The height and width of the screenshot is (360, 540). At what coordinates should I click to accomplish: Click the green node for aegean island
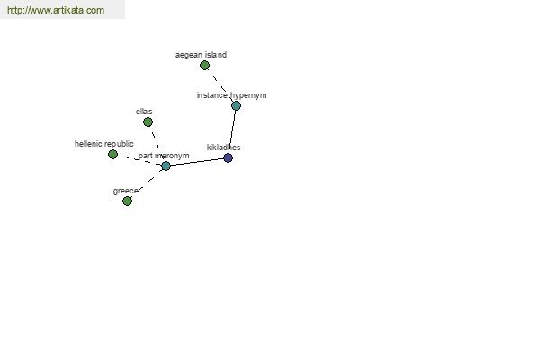(x=204, y=65)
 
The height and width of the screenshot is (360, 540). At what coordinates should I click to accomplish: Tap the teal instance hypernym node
(x=236, y=106)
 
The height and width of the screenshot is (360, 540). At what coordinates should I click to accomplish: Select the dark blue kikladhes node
(x=228, y=158)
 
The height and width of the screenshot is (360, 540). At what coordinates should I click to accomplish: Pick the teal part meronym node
(x=166, y=166)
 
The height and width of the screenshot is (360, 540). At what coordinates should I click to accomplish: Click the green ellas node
(x=148, y=122)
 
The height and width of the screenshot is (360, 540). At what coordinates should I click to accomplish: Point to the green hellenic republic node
(x=112, y=154)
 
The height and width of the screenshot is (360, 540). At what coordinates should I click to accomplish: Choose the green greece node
(x=127, y=201)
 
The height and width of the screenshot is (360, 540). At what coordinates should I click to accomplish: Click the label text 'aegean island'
(x=201, y=55)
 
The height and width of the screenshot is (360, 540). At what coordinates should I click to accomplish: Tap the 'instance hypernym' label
(x=232, y=95)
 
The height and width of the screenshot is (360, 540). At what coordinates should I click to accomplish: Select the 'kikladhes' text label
(x=223, y=148)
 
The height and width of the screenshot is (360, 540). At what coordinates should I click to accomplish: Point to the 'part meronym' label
(x=164, y=156)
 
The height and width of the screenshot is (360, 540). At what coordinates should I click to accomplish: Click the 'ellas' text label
(x=144, y=112)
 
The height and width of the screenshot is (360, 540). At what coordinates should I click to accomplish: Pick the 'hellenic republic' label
(x=104, y=144)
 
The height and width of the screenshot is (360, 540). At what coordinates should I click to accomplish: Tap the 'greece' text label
(x=126, y=191)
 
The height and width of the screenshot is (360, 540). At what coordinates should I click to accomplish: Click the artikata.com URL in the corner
(x=56, y=10)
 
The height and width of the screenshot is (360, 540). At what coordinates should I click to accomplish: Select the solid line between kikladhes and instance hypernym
(x=232, y=132)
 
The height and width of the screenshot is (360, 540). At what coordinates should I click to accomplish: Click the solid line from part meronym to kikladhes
(x=197, y=162)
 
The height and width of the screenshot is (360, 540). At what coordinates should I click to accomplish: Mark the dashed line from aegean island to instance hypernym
(x=220, y=85)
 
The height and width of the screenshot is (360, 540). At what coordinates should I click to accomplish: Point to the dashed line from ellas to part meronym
(x=157, y=144)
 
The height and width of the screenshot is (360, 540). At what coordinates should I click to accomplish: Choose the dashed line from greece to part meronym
(x=147, y=184)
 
